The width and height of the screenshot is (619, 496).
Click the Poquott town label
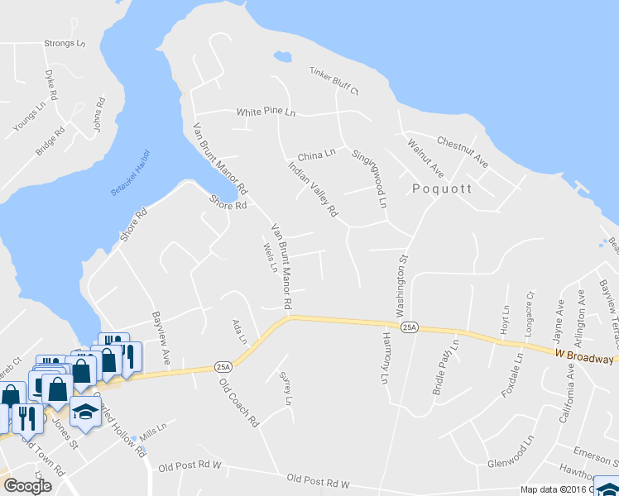[x=442, y=188]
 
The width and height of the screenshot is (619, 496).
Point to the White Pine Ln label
[x=266, y=112]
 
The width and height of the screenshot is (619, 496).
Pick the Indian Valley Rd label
[x=313, y=189]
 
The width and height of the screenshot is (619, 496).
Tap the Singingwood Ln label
[x=370, y=178]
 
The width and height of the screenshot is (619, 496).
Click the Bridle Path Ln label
[x=445, y=366]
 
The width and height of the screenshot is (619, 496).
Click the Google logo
[x=27, y=485]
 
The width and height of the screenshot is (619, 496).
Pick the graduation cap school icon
[x=84, y=411]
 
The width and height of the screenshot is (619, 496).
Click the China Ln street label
[x=316, y=155]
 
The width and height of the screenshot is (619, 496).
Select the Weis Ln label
[x=268, y=257]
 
